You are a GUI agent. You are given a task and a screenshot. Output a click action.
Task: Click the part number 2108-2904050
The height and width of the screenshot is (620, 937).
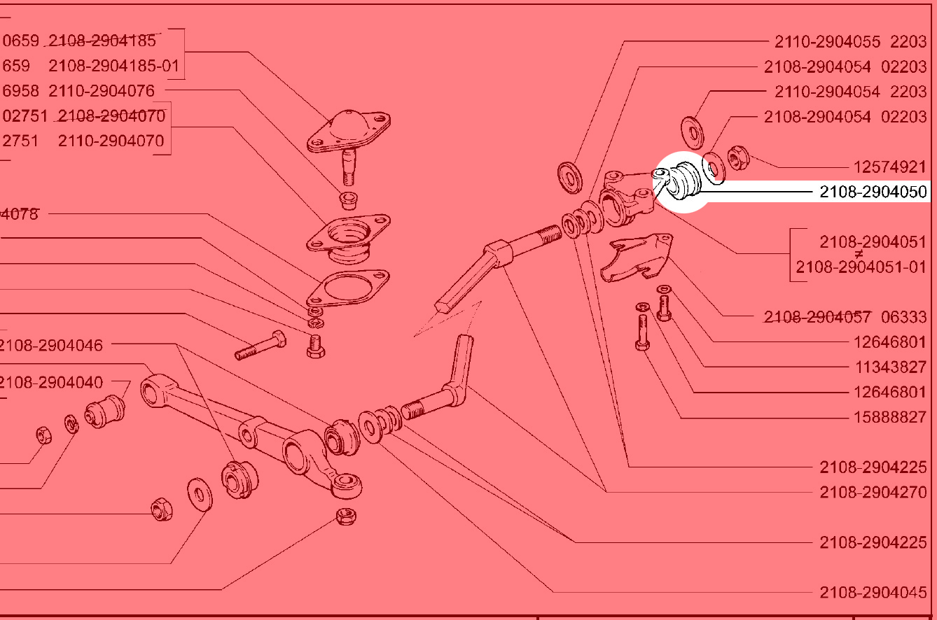tap(873, 192)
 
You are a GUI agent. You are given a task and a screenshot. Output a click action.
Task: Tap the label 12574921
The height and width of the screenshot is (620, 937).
tap(889, 167)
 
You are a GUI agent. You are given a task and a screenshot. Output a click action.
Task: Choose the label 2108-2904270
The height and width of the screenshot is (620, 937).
tap(873, 492)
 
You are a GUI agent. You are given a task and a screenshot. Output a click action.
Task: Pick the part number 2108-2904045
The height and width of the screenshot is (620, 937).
tap(873, 593)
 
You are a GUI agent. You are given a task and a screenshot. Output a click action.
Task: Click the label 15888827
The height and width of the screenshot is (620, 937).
tap(889, 417)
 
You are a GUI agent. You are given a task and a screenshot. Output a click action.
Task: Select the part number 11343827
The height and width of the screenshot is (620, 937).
tap(889, 367)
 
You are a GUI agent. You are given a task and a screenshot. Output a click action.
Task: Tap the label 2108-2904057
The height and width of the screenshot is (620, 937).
tap(817, 317)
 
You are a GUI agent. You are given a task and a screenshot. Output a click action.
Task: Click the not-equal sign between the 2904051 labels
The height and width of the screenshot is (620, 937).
tap(859, 255)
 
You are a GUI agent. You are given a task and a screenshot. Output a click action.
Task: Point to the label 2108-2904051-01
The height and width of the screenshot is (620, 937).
tap(861, 267)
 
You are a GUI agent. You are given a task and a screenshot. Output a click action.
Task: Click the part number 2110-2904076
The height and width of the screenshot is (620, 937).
tap(102, 90)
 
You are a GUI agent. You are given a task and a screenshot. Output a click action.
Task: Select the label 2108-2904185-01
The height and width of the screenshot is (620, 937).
tap(114, 66)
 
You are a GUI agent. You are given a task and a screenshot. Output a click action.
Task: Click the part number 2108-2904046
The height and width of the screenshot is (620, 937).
tap(52, 344)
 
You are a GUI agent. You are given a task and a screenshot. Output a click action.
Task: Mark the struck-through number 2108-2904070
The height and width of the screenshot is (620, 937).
tap(112, 115)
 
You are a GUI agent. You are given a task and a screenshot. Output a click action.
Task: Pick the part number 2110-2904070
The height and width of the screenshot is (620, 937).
tap(111, 141)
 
